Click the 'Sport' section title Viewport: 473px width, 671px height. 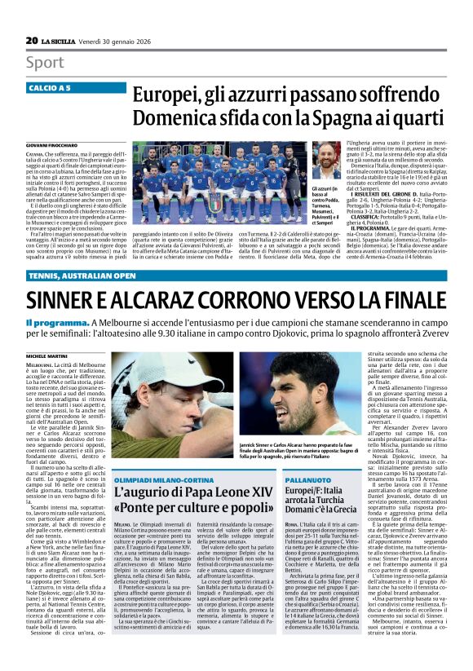point(46,63)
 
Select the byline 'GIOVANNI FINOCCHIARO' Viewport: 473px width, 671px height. point(55,143)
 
